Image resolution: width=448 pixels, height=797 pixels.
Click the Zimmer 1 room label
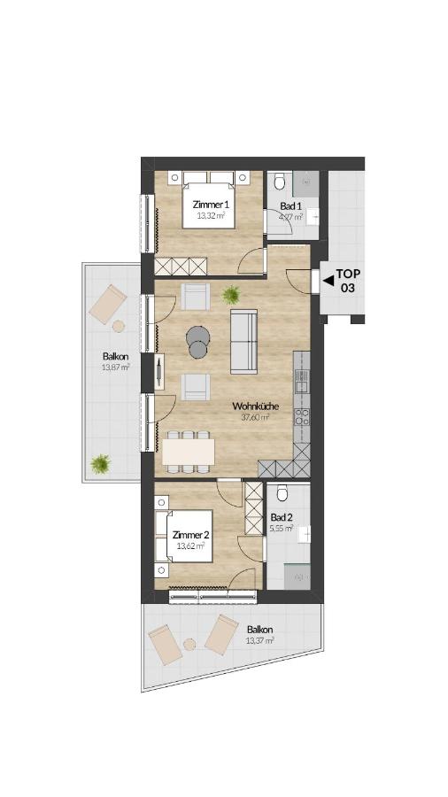click(x=211, y=205)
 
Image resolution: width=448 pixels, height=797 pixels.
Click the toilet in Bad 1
click(x=279, y=181)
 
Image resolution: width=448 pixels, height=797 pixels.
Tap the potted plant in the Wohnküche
click(x=231, y=294)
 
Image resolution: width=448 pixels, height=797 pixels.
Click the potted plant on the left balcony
click(x=101, y=463)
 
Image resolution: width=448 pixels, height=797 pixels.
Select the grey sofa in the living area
click(x=243, y=341)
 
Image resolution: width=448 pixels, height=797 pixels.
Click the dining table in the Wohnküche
click(x=189, y=452)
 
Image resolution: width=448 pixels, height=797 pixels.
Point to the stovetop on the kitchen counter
click(x=301, y=417)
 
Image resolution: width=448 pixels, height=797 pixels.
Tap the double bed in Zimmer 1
click(x=208, y=200)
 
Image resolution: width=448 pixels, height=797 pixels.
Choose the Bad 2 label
click(x=282, y=517)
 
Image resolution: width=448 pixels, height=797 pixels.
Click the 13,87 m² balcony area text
click(x=115, y=366)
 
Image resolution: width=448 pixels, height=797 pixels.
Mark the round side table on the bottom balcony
click(x=189, y=644)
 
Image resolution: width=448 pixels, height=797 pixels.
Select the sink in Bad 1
click(x=313, y=217)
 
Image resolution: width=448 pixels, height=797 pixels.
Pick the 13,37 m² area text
click(x=259, y=640)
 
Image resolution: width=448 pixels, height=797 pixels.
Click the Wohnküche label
click(x=254, y=406)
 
